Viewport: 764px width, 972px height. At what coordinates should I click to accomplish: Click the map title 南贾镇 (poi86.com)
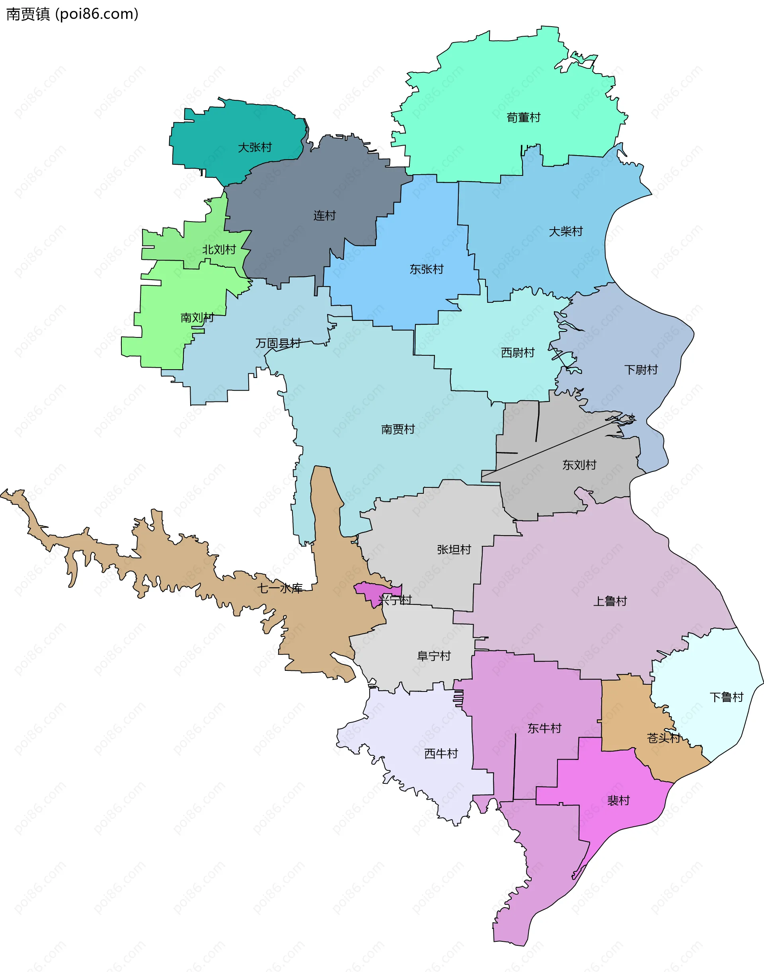click(72, 14)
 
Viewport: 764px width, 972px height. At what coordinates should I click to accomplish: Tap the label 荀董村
click(523, 118)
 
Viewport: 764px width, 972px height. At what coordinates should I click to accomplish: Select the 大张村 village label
click(255, 147)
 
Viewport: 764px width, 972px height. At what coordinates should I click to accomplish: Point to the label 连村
click(324, 216)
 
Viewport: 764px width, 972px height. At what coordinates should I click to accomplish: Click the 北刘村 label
click(219, 249)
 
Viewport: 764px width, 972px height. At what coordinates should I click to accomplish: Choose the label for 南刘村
click(197, 318)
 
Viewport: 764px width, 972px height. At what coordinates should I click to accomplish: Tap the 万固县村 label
click(278, 343)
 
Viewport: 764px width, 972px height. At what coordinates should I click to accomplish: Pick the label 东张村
click(426, 269)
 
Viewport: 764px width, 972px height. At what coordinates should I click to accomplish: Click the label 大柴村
click(566, 231)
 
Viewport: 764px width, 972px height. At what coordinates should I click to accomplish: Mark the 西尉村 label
click(518, 353)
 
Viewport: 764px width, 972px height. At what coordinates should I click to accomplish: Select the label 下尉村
click(641, 370)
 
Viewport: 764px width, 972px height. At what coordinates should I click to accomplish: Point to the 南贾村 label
click(398, 429)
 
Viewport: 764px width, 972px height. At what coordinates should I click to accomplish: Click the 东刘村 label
click(579, 465)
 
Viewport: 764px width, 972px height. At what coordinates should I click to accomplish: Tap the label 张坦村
click(454, 549)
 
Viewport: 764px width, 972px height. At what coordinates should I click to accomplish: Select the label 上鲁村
click(610, 601)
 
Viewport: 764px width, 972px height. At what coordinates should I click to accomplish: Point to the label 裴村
click(618, 800)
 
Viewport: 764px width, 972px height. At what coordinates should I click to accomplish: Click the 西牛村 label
click(441, 754)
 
